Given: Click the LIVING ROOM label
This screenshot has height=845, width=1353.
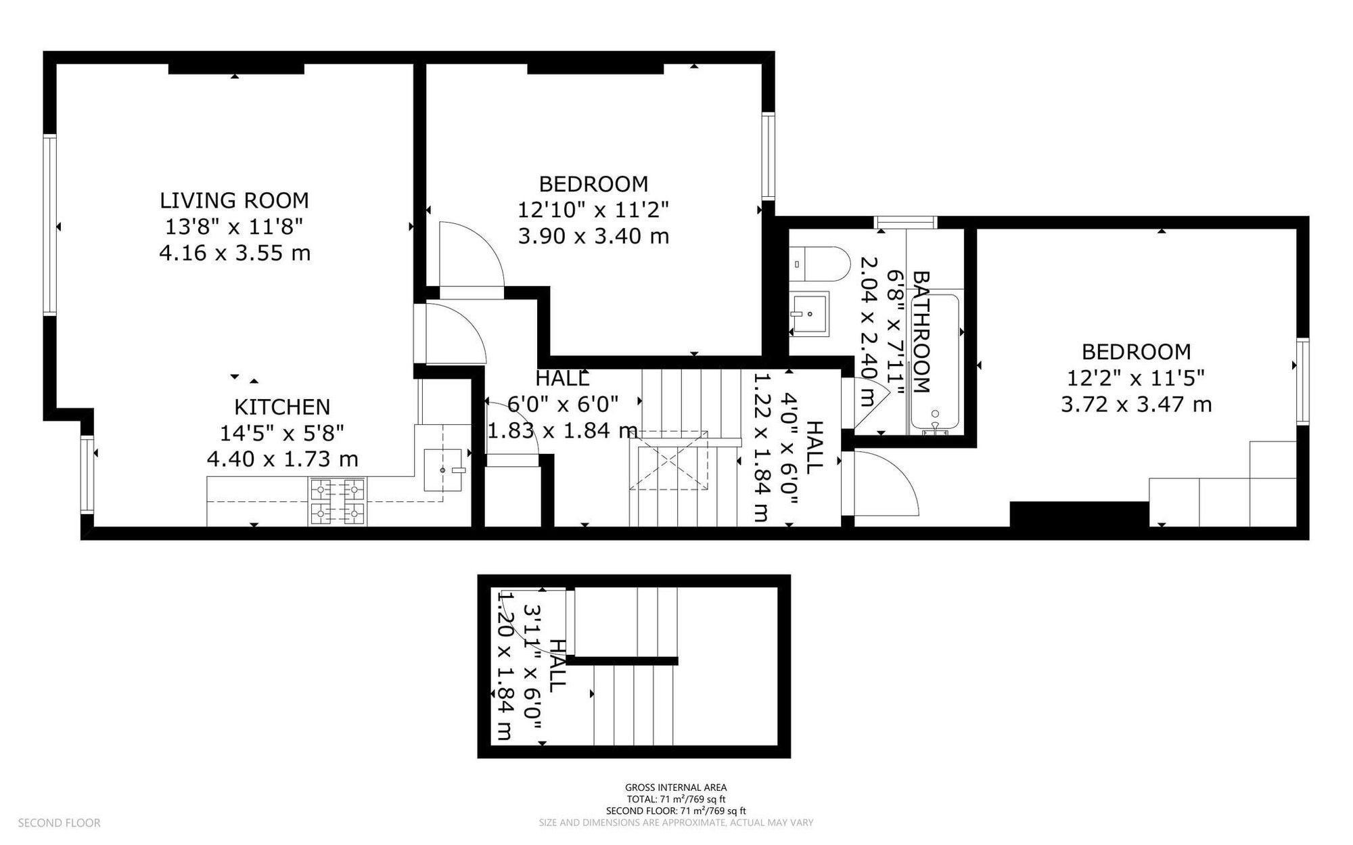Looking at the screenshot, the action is point(234,200).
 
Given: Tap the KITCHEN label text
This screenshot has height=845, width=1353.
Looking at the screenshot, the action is point(282,407).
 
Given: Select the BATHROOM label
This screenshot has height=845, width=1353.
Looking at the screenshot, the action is point(921,332).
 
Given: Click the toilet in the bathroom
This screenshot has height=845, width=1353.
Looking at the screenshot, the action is point(819,264).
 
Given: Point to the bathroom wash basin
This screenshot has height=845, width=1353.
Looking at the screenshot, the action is point(809,314).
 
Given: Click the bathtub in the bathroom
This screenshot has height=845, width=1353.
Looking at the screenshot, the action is point(935,362).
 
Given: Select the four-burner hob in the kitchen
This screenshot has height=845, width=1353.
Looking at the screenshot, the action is point(338,501).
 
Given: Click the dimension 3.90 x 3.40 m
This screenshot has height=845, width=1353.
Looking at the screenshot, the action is point(593,236).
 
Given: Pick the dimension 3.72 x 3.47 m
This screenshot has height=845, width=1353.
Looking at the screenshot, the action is point(1136,405).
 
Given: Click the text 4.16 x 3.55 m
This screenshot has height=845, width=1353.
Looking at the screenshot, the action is point(234,253).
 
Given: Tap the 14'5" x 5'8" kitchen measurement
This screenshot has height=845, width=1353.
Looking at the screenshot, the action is point(282,432).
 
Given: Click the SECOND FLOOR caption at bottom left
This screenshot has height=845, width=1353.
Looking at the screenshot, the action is point(59,823).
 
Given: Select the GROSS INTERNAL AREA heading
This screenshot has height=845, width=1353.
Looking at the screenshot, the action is point(676,787).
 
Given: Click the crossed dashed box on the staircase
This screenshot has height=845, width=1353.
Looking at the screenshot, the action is point(669,461).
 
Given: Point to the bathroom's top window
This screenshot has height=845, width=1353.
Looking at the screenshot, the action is point(905,222).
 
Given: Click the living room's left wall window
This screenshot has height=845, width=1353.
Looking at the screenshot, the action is point(49,225).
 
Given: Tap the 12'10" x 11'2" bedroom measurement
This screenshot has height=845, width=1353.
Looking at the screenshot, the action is point(593,210).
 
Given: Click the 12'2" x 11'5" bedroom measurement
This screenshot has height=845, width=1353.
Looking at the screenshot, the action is point(1136,378).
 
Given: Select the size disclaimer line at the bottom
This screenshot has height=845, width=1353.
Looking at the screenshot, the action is point(676,823).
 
